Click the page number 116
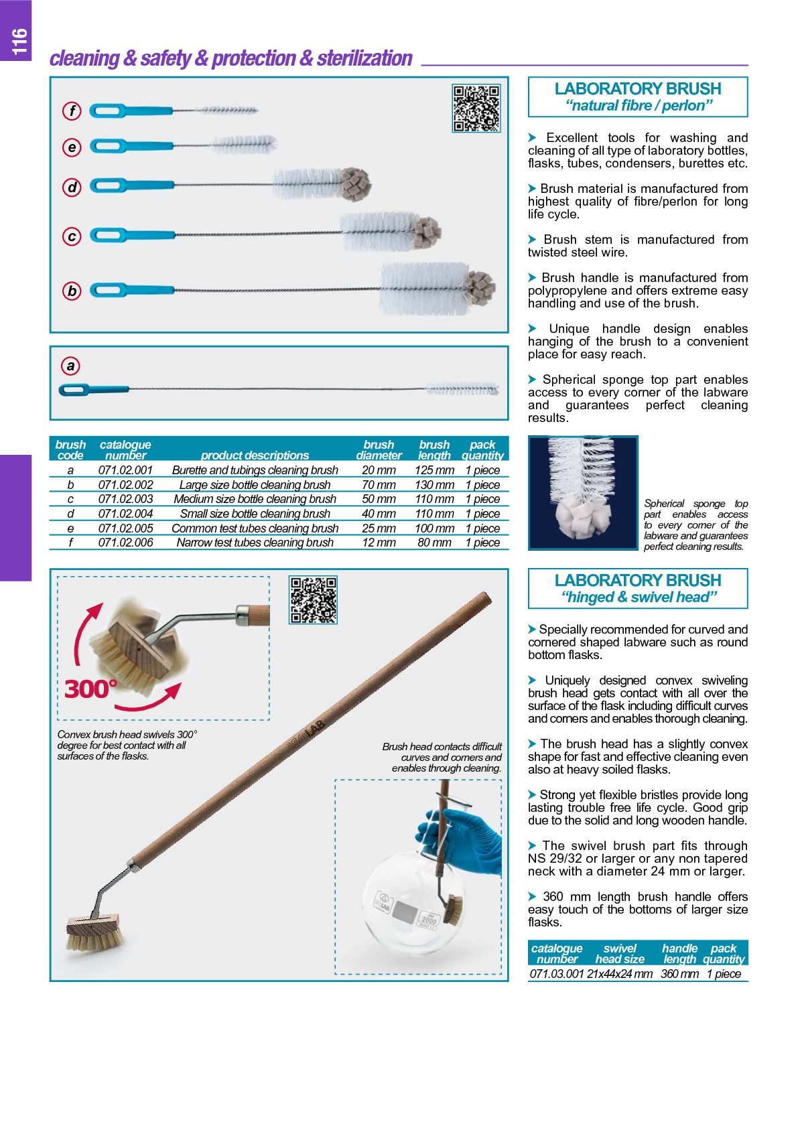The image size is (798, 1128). click(19, 41)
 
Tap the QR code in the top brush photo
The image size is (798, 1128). click(476, 108)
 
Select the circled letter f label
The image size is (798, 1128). click(72, 111)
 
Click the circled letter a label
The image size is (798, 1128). click(70, 366)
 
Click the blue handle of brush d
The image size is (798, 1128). click(131, 185)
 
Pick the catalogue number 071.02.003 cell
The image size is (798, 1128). click(125, 499)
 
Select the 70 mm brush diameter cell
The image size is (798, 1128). click(379, 484)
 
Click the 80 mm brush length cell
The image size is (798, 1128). click(434, 543)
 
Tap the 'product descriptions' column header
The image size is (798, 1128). click(255, 455)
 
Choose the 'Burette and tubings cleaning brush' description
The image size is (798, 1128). click(255, 470)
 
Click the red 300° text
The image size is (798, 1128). click(90, 689)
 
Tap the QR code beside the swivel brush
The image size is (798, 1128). click(313, 600)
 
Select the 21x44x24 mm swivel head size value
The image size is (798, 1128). click(619, 974)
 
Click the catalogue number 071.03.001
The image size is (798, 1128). click(557, 974)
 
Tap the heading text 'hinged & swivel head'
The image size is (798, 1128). click(639, 597)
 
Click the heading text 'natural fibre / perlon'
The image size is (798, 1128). click(639, 105)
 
